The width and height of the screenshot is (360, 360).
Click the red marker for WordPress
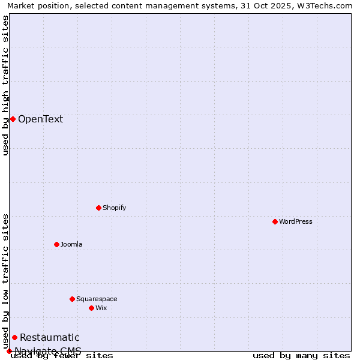(x=275, y=221)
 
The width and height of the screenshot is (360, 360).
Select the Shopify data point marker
(x=98, y=208)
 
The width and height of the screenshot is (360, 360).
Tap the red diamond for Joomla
(x=56, y=244)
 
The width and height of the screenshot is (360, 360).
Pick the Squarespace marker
(x=72, y=299)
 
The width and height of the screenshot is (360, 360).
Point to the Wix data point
(x=91, y=308)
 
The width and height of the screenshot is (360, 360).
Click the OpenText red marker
(x=13, y=119)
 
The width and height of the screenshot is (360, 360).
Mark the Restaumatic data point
(x=14, y=337)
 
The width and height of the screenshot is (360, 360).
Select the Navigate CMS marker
(x=9, y=351)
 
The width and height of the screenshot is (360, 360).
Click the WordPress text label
(x=296, y=221)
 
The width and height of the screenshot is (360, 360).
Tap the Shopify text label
(x=114, y=208)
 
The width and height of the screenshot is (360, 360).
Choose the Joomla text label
(x=71, y=244)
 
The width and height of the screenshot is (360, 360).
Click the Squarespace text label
(x=97, y=299)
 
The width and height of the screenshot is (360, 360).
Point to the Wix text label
(x=101, y=308)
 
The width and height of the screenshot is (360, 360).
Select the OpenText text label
(x=40, y=119)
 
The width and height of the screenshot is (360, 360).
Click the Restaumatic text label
(x=49, y=337)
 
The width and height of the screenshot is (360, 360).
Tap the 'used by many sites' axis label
(x=301, y=355)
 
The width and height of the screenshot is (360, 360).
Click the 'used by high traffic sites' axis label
(x=6, y=85)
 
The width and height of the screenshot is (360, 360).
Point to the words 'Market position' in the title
(x=34, y=5)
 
